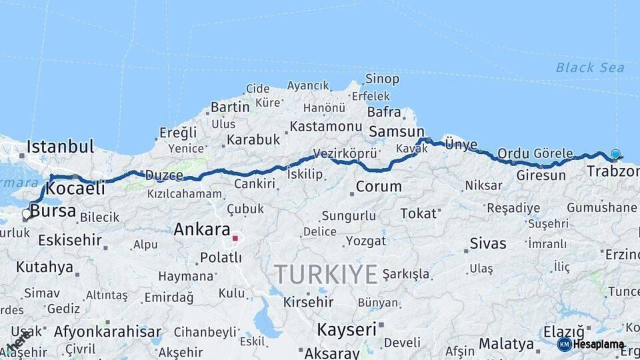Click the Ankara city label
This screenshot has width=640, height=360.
[201, 230]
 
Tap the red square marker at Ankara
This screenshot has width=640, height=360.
[235, 238]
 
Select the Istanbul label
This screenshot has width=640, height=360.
[60, 147]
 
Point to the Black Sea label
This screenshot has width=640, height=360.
[590, 67]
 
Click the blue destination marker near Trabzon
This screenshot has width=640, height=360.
[615, 154]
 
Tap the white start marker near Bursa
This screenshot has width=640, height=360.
[27, 214]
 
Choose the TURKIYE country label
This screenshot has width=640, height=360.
[325, 274]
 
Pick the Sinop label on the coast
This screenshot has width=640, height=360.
[382, 79]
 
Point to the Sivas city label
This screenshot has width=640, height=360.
[488, 243]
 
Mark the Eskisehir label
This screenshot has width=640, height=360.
[69, 240]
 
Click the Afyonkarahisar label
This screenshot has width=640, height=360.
[107, 331]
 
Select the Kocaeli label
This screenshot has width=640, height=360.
[75, 189]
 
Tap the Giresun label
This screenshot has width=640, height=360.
[541, 176]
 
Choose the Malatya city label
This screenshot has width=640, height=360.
[507, 344]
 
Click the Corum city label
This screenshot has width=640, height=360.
[378, 187]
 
